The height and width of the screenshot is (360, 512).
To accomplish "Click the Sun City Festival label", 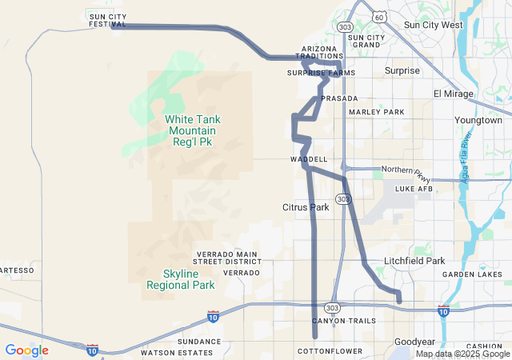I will click(108, 20).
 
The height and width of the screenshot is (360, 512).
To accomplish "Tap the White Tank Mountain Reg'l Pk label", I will click(193, 130).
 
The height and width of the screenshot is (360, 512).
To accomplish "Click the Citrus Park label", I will click(306, 207).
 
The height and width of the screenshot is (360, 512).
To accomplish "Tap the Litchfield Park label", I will click(414, 261).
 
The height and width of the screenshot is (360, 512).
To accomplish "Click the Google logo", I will click(26, 350).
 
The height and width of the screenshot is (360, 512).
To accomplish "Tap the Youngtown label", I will click(478, 120).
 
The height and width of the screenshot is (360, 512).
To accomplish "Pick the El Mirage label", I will click(454, 94).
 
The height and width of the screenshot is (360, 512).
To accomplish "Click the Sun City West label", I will click(433, 25).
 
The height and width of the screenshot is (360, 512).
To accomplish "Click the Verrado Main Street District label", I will click(228, 258).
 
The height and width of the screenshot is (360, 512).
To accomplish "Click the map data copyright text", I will click(462, 354).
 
